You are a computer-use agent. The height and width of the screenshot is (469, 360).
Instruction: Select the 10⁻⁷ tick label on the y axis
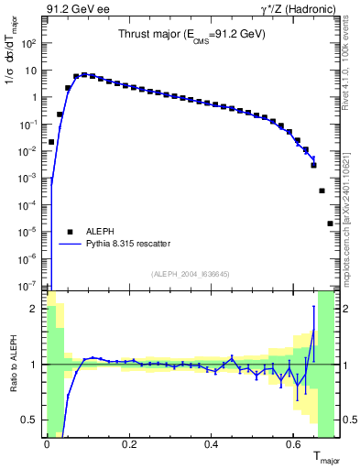32,286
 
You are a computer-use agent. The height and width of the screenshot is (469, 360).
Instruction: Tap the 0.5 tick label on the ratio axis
33,420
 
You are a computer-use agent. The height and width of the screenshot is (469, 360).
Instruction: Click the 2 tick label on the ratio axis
38,309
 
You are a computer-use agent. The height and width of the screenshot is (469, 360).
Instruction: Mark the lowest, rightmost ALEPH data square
330,224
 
